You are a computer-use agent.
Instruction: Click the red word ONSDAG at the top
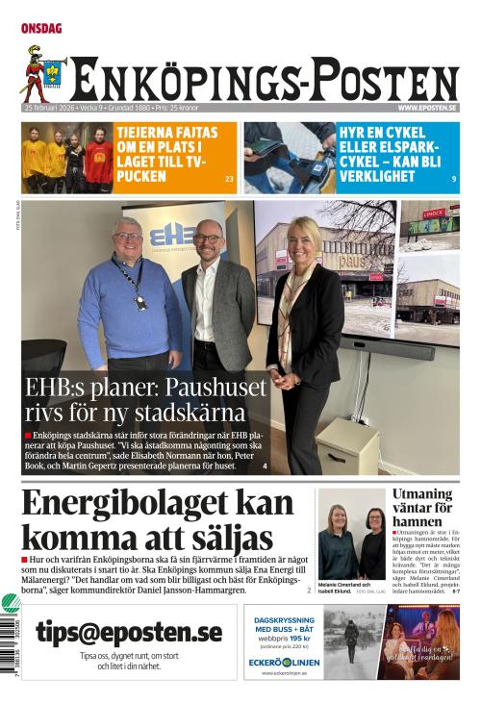pos(41,29)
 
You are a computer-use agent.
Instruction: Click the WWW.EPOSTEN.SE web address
pos(427,108)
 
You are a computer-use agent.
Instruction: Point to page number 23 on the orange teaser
pos(229,179)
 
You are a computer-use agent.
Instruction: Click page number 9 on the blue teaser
pos(453,179)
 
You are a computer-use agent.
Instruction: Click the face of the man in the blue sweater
pos(129,238)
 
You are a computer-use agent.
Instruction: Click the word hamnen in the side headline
pos(417,522)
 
